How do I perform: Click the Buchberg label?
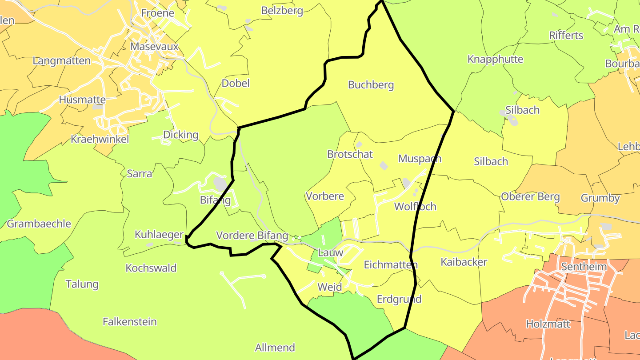(x=371, y=85)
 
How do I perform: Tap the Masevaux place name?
(x=154, y=47)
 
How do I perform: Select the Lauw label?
(x=331, y=253)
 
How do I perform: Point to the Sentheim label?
(x=584, y=267)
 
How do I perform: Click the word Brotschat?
(x=350, y=154)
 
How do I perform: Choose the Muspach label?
(x=420, y=159)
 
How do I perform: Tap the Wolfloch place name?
(x=415, y=207)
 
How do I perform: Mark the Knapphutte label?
(x=495, y=60)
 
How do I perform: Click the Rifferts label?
(x=566, y=36)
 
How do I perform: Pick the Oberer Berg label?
(x=530, y=196)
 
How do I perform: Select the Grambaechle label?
(x=39, y=224)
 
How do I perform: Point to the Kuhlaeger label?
(x=159, y=235)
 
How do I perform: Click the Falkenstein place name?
(x=130, y=321)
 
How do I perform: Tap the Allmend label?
(x=275, y=348)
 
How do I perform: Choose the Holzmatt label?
(x=548, y=324)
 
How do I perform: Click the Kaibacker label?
(x=464, y=262)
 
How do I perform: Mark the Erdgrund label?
(x=399, y=299)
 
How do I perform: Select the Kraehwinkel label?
(x=100, y=139)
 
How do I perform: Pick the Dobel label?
(x=236, y=84)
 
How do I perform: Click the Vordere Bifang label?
(x=252, y=236)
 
